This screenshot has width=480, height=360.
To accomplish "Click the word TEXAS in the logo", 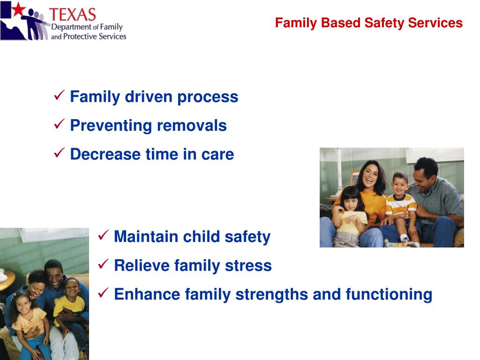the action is (x=73, y=15).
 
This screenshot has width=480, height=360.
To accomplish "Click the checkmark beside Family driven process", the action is (x=59, y=95).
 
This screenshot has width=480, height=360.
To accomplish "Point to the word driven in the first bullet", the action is (x=149, y=97).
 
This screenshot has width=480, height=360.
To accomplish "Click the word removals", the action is (x=192, y=126).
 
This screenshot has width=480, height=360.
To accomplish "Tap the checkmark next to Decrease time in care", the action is (x=59, y=152).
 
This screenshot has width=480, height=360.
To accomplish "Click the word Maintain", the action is (x=146, y=237).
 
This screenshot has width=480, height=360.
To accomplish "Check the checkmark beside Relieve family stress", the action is (x=103, y=264).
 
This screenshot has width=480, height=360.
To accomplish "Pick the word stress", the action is (x=248, y=265).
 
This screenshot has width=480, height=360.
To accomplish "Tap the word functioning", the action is (x=389, y=294).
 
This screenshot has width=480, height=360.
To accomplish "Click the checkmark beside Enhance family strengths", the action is (x=103, y=292).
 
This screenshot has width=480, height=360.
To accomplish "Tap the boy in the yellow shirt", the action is (x=69, y=306).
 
